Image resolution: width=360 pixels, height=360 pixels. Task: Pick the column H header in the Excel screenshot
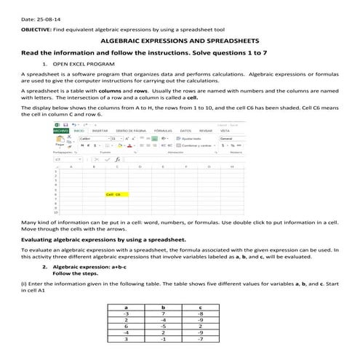pyautogui.click(x=231, y=167)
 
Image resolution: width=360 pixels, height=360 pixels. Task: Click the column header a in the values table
pyautogui.click(x=127, y=308)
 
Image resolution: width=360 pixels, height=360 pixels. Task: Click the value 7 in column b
pyautogui.click(x=163, y=313)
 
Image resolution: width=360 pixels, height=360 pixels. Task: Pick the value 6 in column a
pyautogui.click(x=127, y=327)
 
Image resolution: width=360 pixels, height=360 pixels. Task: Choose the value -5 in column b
pyautogui.click(x=163, y=327)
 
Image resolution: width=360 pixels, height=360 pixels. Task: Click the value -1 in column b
pyautogui.click(x=163, y=339)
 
